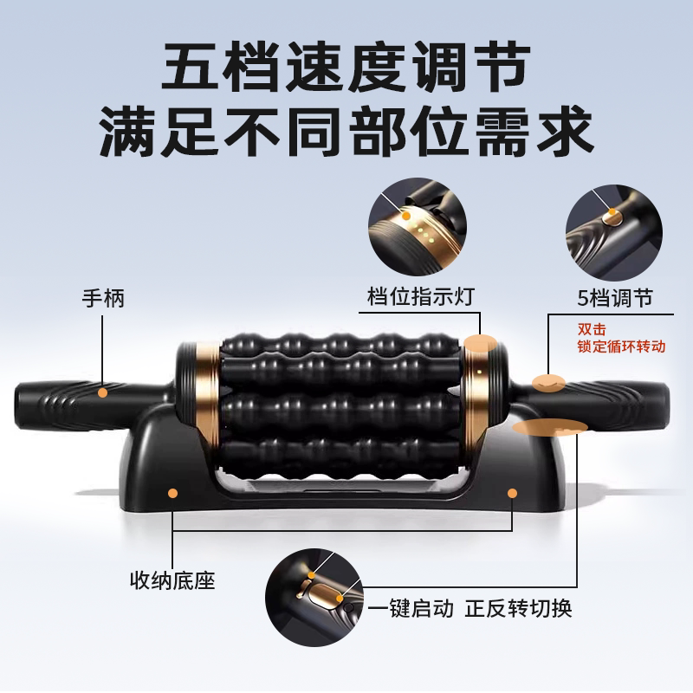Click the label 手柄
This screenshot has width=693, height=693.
tap(103, 300)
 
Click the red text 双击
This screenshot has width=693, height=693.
tap(593, 329)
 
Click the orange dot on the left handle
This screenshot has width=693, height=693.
tap(103, 392)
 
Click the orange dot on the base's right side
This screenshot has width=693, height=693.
tap(512, 493)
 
